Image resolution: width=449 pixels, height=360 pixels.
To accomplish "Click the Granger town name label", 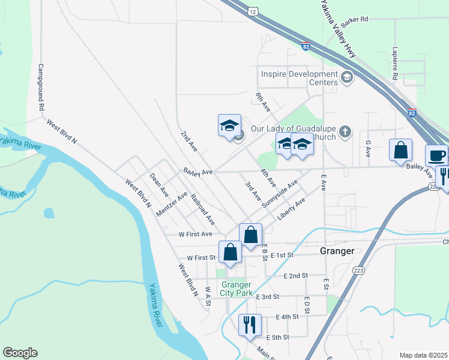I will pos(337,251).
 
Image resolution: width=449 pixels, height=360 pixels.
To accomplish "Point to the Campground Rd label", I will pos(41,87).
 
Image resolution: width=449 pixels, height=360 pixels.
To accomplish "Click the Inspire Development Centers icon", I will pos(346,77).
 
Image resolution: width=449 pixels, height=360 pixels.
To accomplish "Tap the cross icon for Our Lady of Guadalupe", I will pos(345,131).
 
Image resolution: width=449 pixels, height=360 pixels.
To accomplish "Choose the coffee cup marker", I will pos(436,155).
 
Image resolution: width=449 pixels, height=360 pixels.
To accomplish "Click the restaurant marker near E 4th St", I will pos(250,325).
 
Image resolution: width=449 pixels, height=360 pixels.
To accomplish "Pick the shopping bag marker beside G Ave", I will pos(400,150).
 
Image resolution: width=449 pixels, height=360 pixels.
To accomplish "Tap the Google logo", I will pos(20,353).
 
